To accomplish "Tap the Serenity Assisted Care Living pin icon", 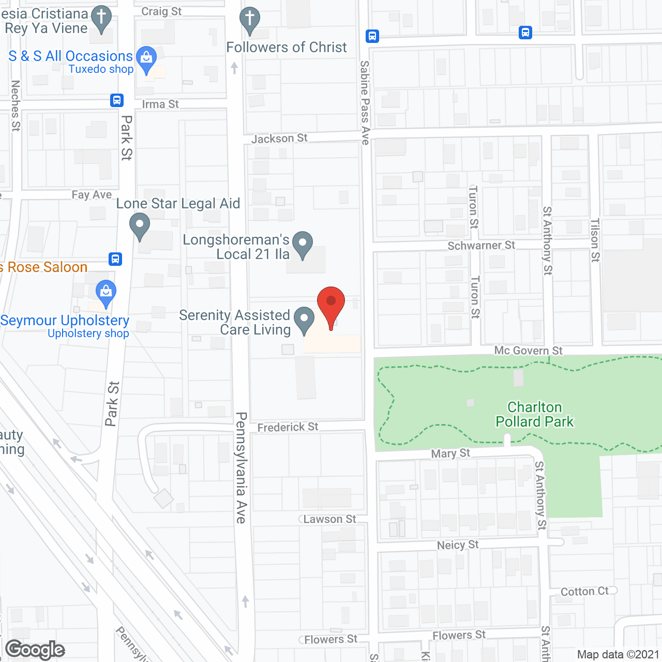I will [x=304, y=320].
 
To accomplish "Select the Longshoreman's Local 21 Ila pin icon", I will [x=303, y=244].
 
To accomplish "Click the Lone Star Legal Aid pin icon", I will [x=139, y=226].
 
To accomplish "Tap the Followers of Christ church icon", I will [x=249, y=20].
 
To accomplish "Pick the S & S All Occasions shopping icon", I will [x=146, y=58].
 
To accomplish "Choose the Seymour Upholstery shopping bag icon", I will [x=106, y=293].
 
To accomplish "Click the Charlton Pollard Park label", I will [x=534, y=414].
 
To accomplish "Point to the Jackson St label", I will [x=279, y=139].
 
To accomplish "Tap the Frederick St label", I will [x=288, y=427].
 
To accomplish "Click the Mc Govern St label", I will [x=528, y=351].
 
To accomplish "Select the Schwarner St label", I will [x=481, y=246].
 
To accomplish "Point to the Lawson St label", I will [x=329, y=519].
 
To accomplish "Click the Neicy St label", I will [x=458, y=545].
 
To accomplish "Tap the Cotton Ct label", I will [x=584, y=592].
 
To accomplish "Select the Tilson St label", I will [x=595, y=240].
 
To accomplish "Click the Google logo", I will [x=35, y=650].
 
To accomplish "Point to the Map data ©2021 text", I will [x=618, y=655].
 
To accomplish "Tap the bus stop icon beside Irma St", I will [x=117, y=100].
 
